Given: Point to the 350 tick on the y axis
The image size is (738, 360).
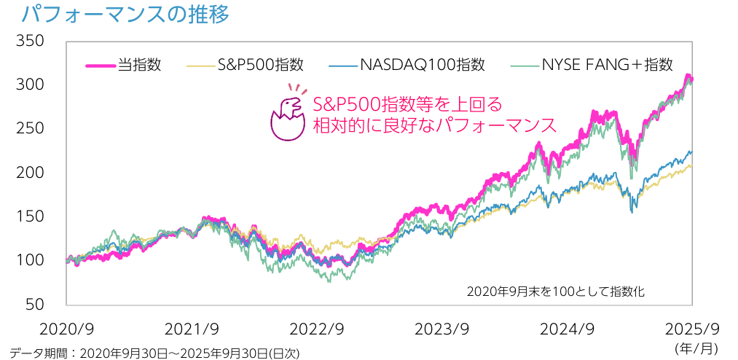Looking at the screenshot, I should point(31,41).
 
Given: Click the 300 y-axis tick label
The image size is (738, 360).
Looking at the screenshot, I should point(31,85).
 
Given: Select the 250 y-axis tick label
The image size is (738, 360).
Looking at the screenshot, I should point(31,128).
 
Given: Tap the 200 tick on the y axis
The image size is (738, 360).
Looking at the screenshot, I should point(31,173).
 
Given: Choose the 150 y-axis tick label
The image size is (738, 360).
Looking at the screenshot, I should point(31,216).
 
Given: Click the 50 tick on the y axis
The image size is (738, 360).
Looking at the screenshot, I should point(35,304).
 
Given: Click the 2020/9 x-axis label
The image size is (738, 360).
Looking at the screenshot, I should point(67,328).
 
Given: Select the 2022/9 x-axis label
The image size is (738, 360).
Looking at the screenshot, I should point(316,328).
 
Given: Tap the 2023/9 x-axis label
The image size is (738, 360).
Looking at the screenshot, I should point(441,328).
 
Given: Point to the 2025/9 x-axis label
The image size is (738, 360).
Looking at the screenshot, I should point(692,328).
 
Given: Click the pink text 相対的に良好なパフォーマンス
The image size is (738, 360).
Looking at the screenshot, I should point(433,125).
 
